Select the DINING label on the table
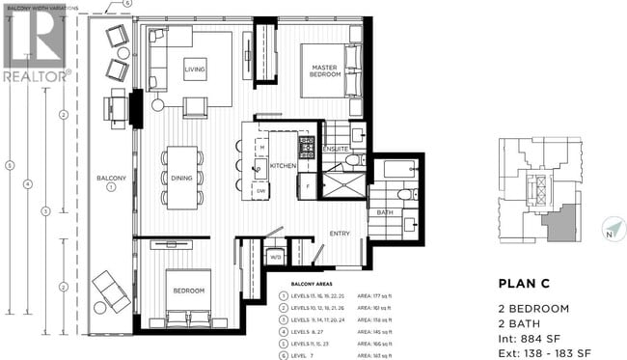pyautogui.click(x=181, y=177)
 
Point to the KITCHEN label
pyautogui.click(x=283, y=167)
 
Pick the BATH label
pyautogui.click(x=385, y=212)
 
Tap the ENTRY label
pyautogui.click(x=339, y=233)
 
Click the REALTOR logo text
pyautogui.click(x=36, y=74)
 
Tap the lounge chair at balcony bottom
pyautogui.click(x=107, y=289)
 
